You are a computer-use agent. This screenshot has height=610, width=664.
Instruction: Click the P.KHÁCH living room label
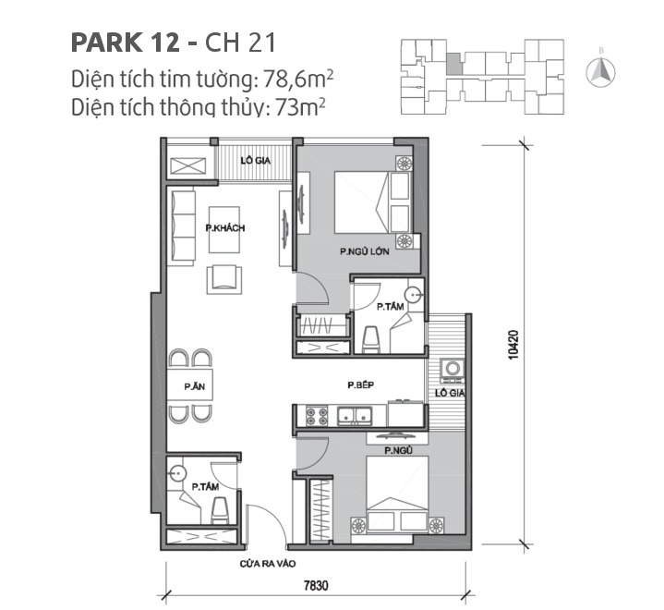click(x=225, y=227)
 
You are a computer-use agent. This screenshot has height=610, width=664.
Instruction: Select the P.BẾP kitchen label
click(x=360, y=384)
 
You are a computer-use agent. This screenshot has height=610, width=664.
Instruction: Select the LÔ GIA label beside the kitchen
click(x=450, y=394)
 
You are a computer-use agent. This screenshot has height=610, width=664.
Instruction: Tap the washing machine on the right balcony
click(x=452, y=371)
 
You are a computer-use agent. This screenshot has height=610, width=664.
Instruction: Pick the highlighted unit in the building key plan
click(x=453, y=64)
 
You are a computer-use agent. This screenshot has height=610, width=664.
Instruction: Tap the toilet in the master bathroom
click(x=371, y=339)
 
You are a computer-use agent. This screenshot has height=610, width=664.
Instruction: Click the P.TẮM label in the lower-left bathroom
click(x=204, y=486)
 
